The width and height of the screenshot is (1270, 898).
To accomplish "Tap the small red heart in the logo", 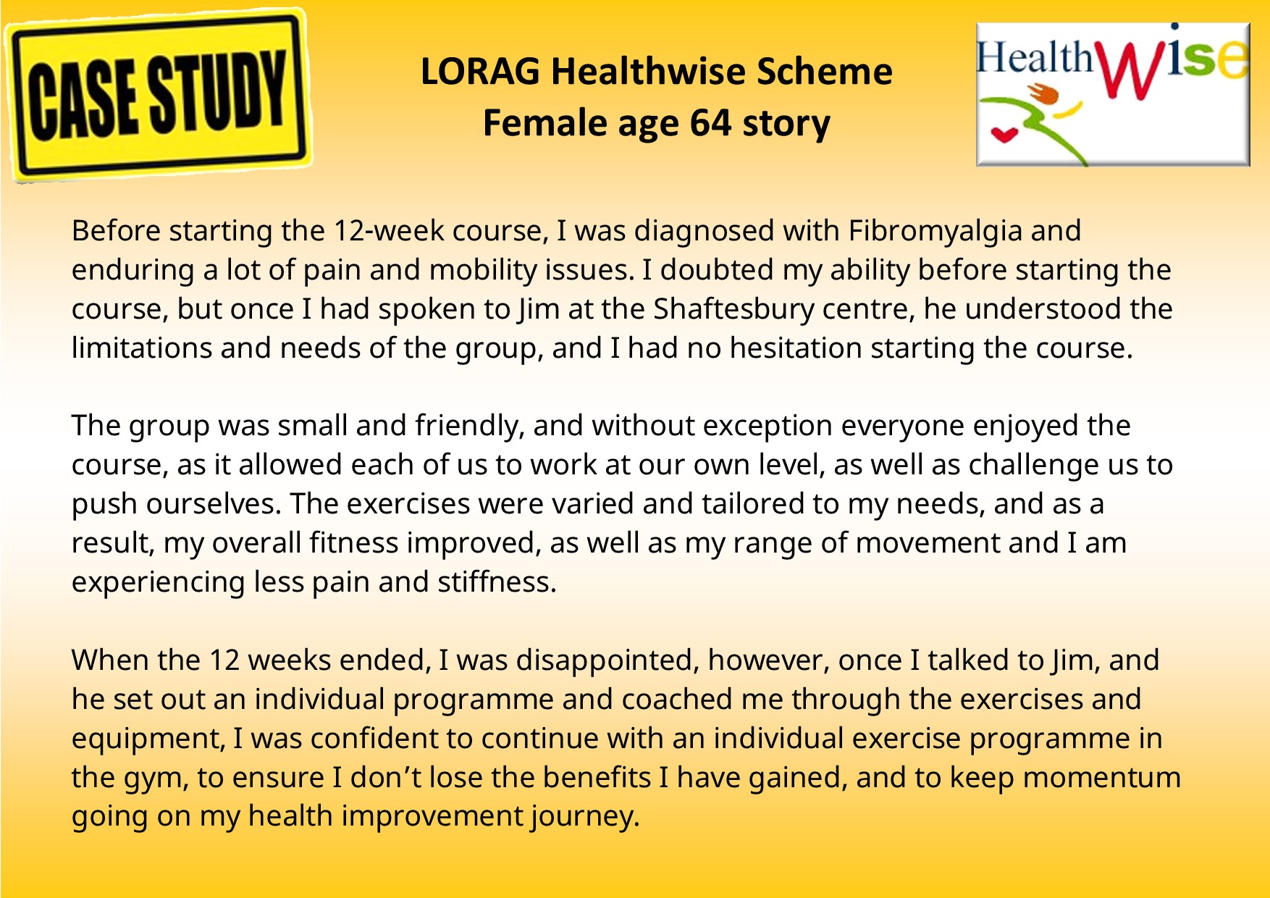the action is tap(1003, 134).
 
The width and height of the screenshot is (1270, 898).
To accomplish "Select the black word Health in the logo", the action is tap(1035, 56).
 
